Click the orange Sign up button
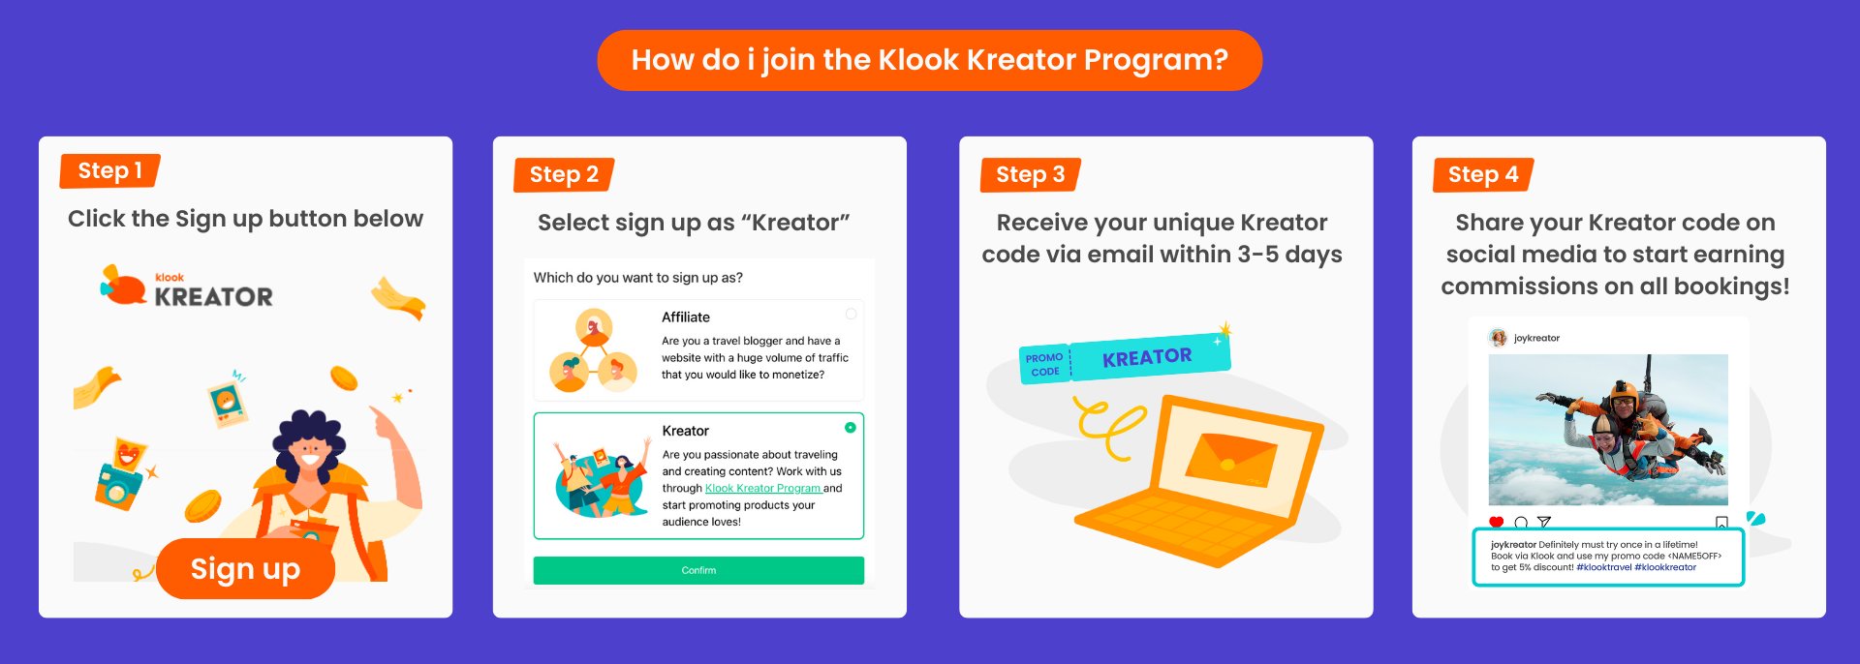click(245, 569)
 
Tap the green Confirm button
click(698, 570)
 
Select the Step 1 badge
click(109, 171)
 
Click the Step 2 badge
click(564, 175)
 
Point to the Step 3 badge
click(1030, 175)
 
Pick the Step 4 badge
click(1482, 175)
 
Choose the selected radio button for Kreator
click(850, 428)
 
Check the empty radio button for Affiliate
click(851, 314)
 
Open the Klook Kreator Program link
click(762, 489)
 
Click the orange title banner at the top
click(929, 60)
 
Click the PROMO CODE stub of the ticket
click(1044, 365)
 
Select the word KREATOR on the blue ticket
click(1147, 357)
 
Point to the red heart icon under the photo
click(1496, 523)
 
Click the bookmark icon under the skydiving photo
click(1720, 523)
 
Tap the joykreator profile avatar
click(1498, 338)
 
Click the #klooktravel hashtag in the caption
click(1603, 567)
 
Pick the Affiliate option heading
click(686, 317)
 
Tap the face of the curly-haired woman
click(310, 451)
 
